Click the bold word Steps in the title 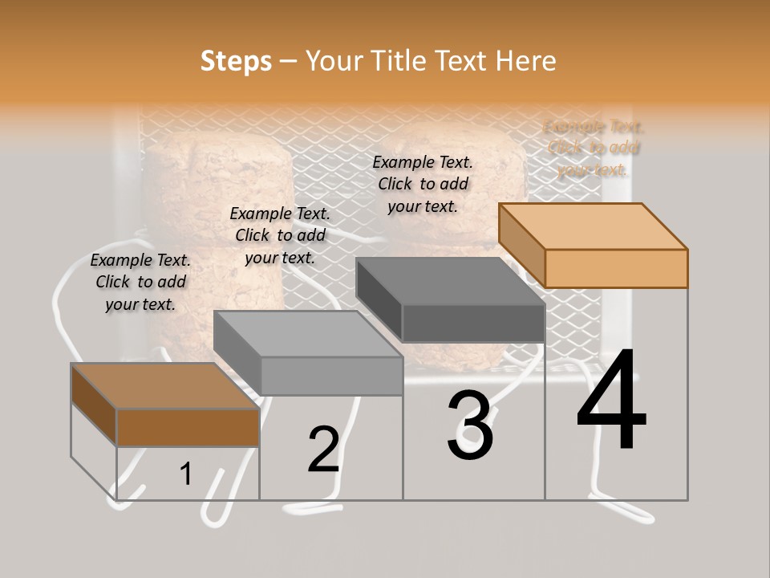[x=236, y=61]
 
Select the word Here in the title [x=526, y=61]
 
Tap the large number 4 [x=611, y=401]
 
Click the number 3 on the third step [x=470, y=425]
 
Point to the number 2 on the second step [x=324, y=450]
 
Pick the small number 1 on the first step [x=186, y=474]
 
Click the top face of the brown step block [x=165, y=385]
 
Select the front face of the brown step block [x=188, y=427]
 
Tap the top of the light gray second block [x=308, y=333]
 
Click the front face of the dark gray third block [x=473, y=324]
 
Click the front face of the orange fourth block [x=616, y=268]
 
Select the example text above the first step [x=140, y=282]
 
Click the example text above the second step [x=280, y=235]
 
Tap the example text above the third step [x=423, y=184]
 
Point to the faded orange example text [x=594, y=148]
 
